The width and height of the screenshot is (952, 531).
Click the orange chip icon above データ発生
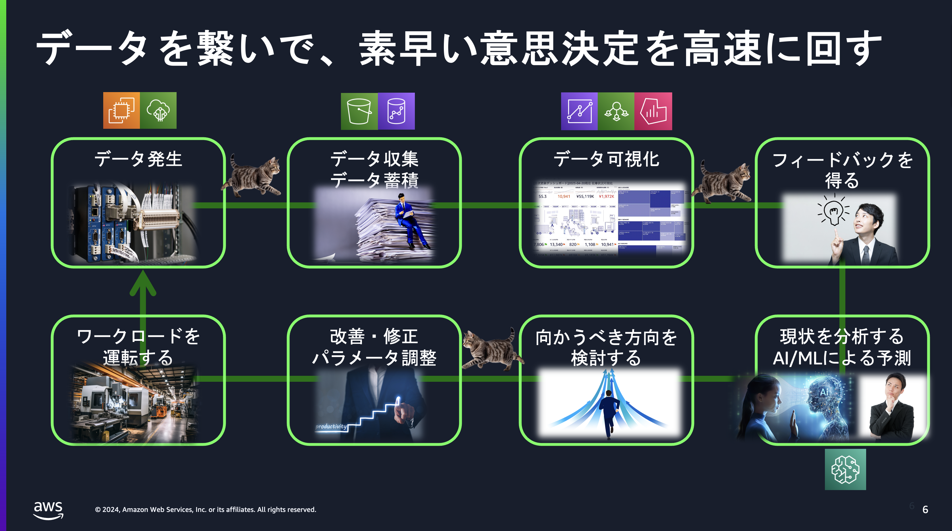pos(121,111)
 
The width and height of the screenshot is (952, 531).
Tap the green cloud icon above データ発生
pos(158,111)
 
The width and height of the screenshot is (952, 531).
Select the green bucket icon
pos(359,111)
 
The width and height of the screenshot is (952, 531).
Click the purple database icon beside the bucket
pos(396,111)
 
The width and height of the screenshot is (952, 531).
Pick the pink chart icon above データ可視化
pos(653,111)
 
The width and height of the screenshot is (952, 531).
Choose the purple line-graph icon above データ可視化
pos(579,111)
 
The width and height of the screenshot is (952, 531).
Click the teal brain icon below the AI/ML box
pos(845,469)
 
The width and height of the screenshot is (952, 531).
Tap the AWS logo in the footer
pos(48,510)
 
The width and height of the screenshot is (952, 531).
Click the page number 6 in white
pos(925,510)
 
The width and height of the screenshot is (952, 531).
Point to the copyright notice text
pos(206,510)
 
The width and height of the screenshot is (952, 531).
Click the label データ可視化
pos(606,159)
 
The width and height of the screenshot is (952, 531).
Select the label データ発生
pos(138,159)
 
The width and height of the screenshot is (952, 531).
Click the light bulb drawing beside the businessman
pos(834,212)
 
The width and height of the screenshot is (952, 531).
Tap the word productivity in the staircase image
pos(331,426)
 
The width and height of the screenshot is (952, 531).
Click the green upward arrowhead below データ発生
pos(143,284)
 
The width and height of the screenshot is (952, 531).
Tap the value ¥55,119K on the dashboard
pos(585,197)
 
